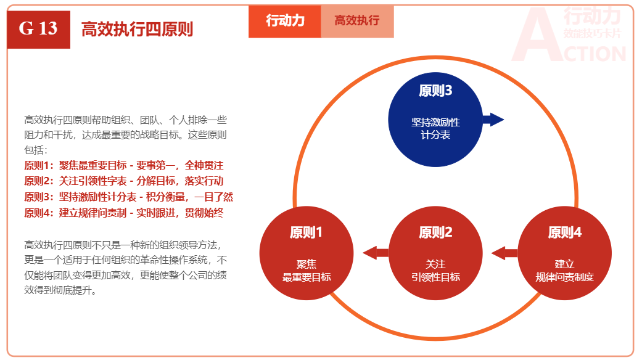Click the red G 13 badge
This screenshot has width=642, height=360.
tap(38, 28)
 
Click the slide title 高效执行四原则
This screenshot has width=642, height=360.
tap(137, 29)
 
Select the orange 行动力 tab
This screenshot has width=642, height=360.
tap(285, 21)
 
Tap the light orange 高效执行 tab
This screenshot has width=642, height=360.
tap(357, 21)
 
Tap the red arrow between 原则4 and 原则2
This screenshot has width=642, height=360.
tap(504, 252)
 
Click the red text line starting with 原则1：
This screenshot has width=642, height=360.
tap(123, 165)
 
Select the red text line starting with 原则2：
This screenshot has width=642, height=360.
tap(123, 181)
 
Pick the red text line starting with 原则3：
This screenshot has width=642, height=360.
tap(128, 197)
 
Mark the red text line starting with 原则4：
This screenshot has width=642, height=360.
tap(123, 213)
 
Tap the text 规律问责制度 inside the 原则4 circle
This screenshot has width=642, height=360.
tap(564, 277)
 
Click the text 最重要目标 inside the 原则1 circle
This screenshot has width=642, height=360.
tap(307, 277)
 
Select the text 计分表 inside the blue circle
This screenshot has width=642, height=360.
tap(435, 134)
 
